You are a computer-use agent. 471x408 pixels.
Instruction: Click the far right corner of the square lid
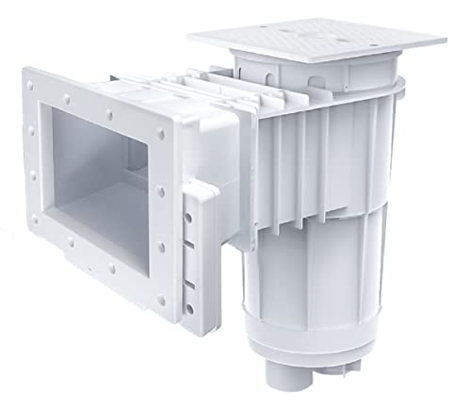[445, 40]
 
